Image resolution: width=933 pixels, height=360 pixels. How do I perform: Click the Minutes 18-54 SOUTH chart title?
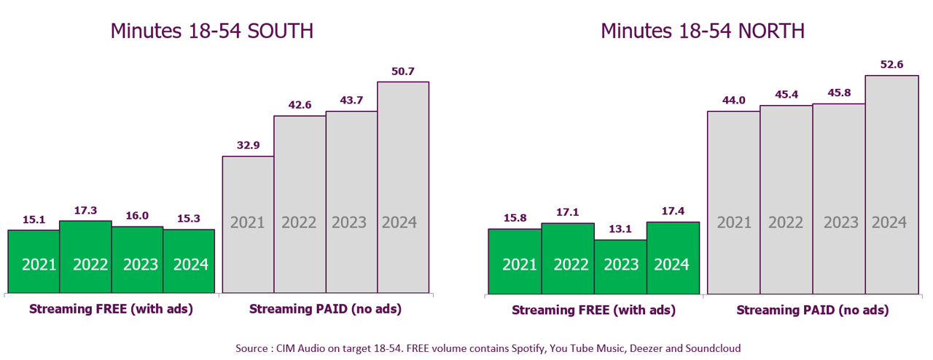click(211, 31)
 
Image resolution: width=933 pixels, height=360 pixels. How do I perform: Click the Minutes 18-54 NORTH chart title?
click(702, 31)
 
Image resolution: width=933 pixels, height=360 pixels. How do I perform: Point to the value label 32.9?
click(248, 145)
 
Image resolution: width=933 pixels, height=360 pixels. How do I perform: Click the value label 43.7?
click(351, 99)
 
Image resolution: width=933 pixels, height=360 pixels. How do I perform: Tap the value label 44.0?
click(733, 100)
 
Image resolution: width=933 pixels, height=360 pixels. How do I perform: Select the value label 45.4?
click(786, 94)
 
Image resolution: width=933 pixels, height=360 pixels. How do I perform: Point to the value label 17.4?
click(673, 210)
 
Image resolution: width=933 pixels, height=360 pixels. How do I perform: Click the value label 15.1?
click(34, 218)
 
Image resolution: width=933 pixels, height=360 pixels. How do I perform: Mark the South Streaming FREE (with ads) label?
click(111, 309)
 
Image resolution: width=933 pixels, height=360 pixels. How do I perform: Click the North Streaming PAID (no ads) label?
click(812, 310)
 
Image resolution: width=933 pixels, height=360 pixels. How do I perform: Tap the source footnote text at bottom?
click(488, 348)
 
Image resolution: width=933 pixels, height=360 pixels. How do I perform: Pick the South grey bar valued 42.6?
click(300, 204)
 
